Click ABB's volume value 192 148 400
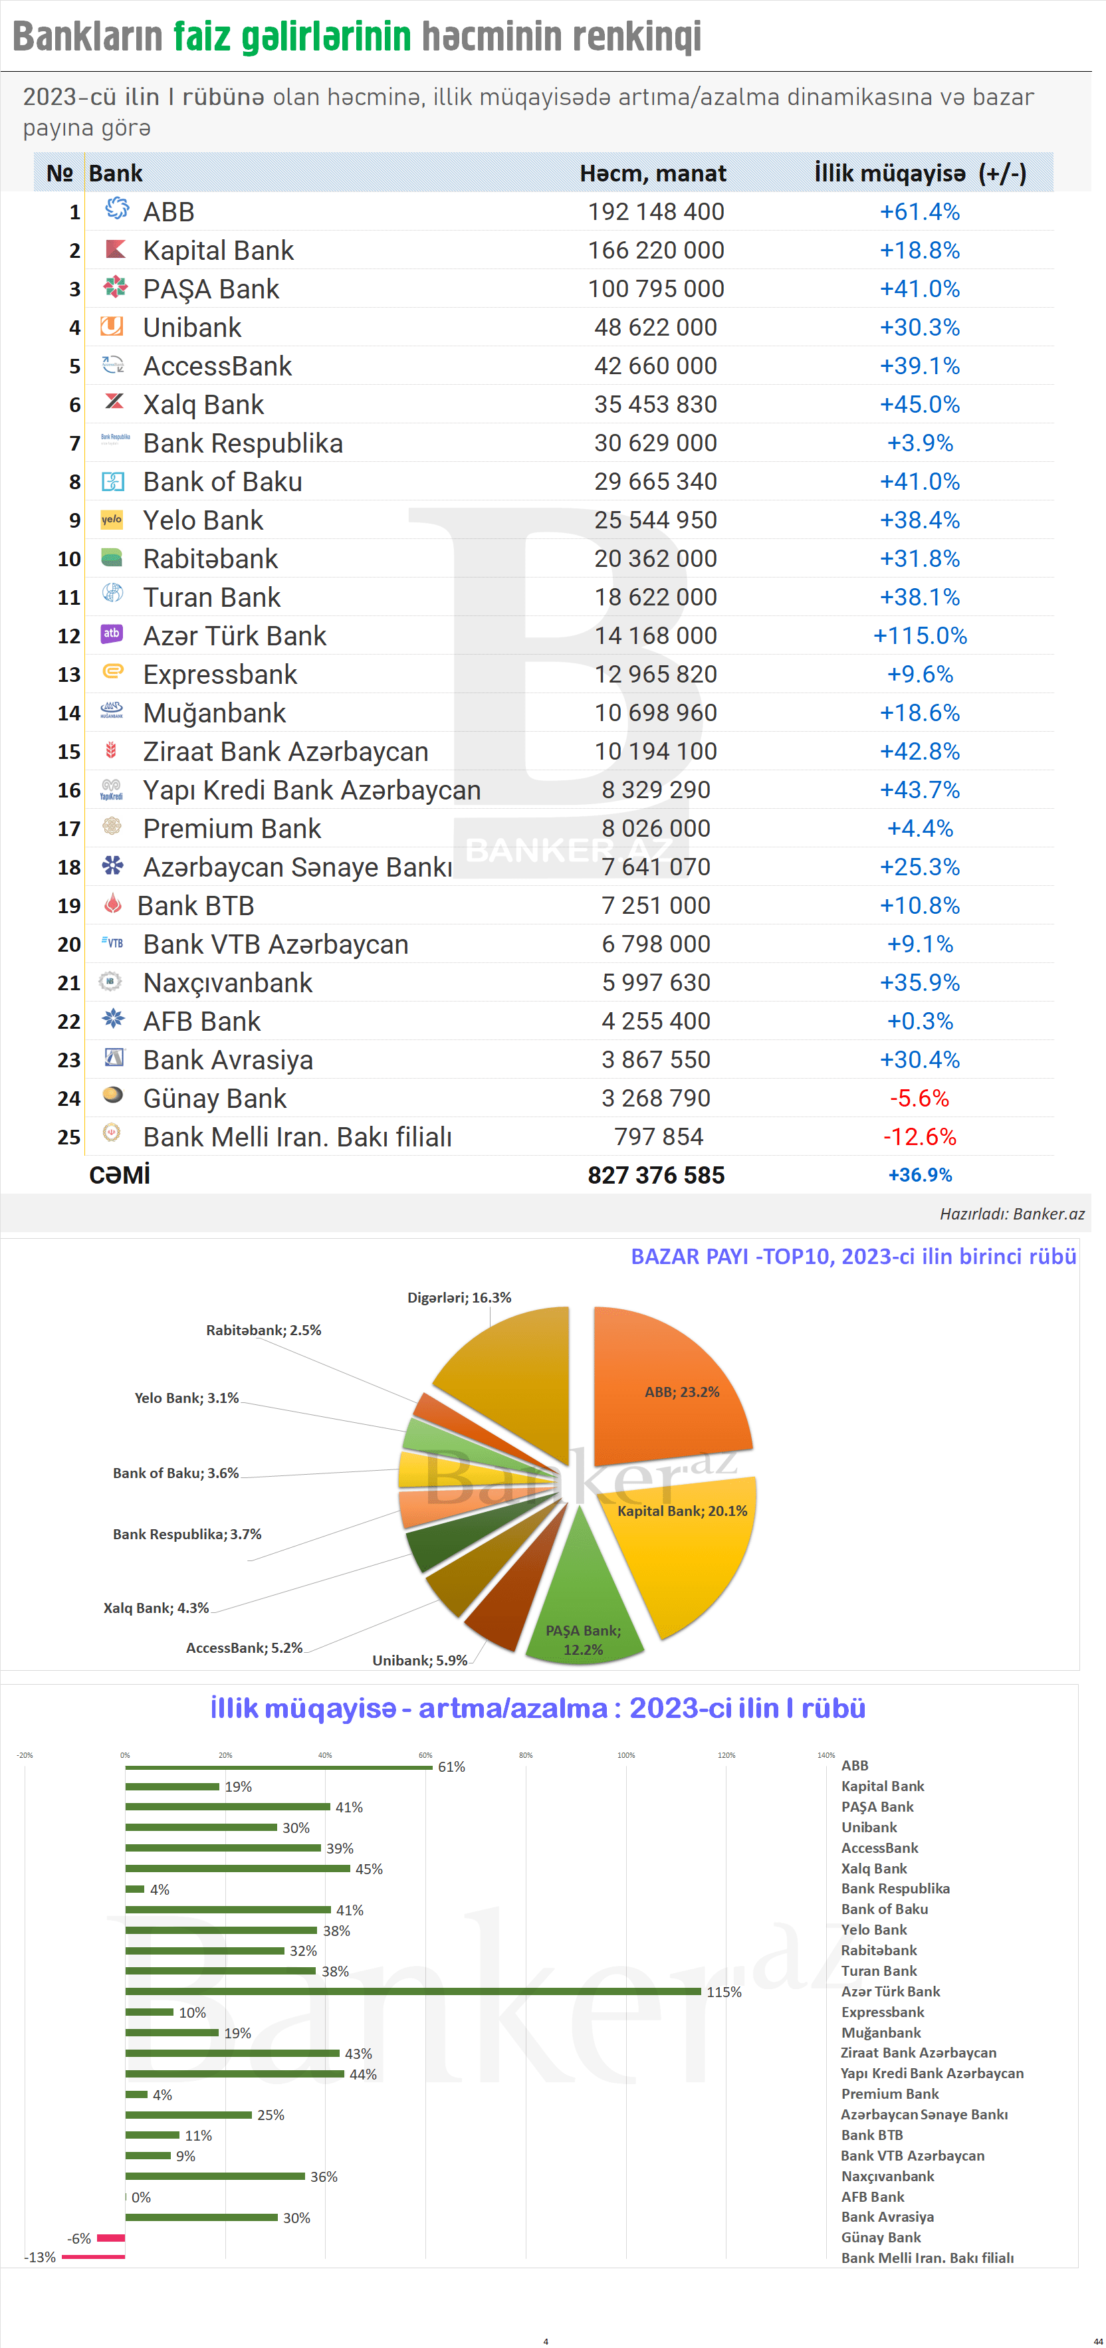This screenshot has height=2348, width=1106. [x=655, y=211]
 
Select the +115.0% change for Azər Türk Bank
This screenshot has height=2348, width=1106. [x=919, y=635]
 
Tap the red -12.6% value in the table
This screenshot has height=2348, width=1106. [x=919, y=1136]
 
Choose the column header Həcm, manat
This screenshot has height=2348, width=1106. [x=653, y=173]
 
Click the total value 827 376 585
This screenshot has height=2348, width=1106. [x=655, y=1175]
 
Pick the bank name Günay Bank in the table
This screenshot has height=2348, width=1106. [x=214, y=1099]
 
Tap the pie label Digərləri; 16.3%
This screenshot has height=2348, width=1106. [x=459, y=1297]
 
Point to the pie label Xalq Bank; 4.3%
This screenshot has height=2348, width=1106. [x=156, y=1608]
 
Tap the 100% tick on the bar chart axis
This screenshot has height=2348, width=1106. [x=625, y=1755]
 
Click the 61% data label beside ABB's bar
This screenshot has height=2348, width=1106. [x=451, y=1766]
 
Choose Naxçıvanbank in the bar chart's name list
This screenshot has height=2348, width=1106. [x=887, y=2176]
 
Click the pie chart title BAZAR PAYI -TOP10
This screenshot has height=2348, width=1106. [x=853, y=1256]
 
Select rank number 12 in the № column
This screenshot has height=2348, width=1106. [x=69, y=636]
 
